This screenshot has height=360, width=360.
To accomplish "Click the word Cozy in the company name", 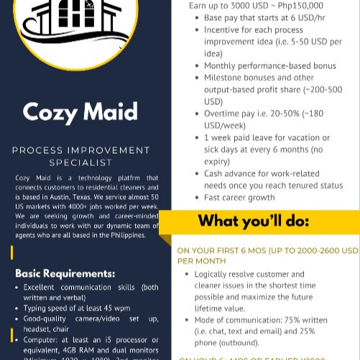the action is (50, 111).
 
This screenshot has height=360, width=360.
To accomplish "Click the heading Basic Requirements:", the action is (65, 273).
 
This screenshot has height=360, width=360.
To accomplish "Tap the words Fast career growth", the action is (239, 197).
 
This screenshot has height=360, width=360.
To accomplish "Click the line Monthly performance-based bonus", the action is (269, 65).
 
